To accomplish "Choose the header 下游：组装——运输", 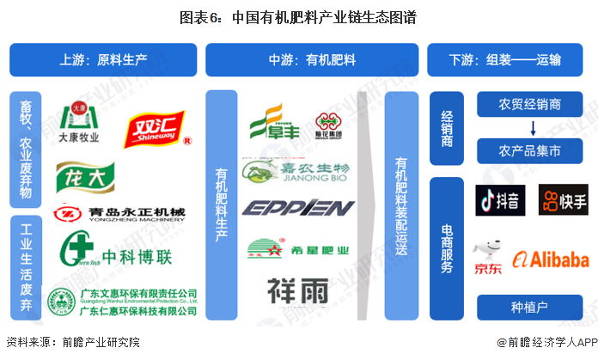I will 506,60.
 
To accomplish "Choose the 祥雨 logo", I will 297,290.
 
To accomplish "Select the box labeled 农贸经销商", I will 530,105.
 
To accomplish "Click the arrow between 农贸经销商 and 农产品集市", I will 530,129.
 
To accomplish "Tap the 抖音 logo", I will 499,202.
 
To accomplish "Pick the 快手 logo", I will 563,202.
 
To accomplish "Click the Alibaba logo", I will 551,259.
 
